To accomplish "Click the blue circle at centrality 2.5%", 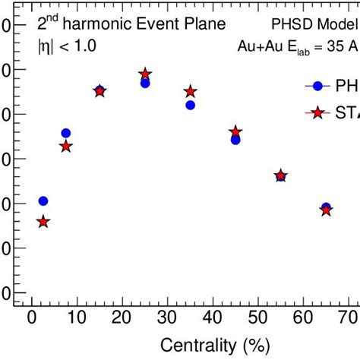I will pos(43,201).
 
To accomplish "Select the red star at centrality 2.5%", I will pos(43,222).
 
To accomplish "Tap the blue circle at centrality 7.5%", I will pos(65,134).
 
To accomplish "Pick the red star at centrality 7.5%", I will pos(65,146).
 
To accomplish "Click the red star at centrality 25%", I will pos(145,74).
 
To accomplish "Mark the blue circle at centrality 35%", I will pos(190,105).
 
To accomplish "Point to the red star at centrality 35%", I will pos(190,92).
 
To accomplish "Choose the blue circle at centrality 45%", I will pos(235,140).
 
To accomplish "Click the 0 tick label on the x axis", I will pos(31,318).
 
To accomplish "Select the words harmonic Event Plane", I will pos(150,24).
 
